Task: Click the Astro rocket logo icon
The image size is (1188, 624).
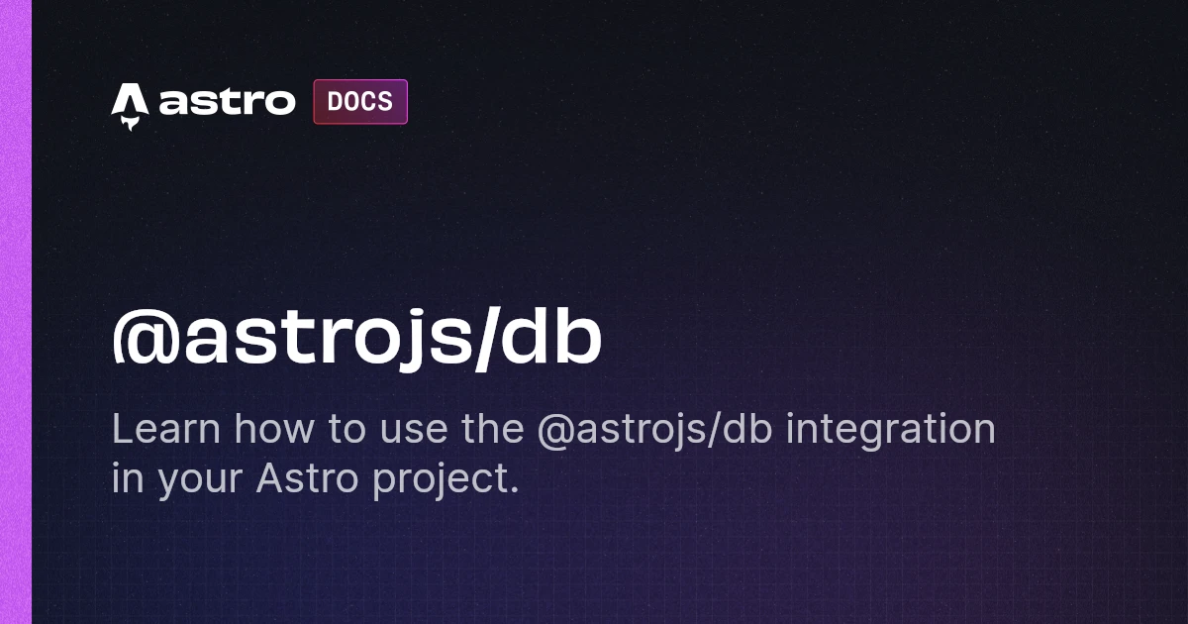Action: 130,106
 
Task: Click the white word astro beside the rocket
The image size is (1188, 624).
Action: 227,101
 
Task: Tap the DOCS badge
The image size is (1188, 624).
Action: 360,101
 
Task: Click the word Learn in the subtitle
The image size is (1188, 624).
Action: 166,428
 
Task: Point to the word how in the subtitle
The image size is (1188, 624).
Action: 274,428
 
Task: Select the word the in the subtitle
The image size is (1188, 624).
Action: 493,428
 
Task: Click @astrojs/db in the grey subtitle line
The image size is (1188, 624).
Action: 655,431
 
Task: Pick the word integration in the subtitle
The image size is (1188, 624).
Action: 890,431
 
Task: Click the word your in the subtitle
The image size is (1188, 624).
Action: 200,480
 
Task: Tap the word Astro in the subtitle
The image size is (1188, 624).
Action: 308,477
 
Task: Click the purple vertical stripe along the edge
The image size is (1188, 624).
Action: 16,312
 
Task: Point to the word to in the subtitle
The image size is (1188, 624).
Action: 346,430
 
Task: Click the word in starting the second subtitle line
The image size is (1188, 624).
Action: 128,477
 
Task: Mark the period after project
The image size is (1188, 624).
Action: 513,489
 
